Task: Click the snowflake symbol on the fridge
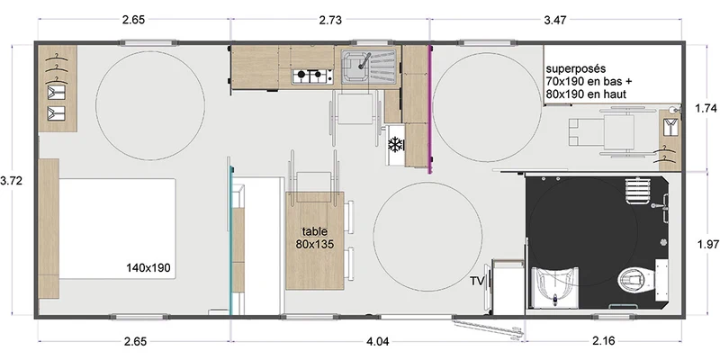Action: tap(394, 145)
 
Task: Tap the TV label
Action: tap(476, 281)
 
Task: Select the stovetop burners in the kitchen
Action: tap(312, 76)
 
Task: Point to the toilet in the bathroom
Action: tap(636, 281)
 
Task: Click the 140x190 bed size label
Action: tap(148, 267)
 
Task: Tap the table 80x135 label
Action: tap(314, 238)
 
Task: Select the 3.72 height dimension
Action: tap(12, 181)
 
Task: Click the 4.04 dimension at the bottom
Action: tap(378, 342)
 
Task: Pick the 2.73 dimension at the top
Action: tap(330, 19)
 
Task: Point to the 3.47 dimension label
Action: tap(555, 19)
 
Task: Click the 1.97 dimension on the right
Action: tap(707, 245)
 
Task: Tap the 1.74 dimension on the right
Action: tap(707, 108)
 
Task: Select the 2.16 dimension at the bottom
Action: tap(603, 342)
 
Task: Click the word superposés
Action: tap(576, 69)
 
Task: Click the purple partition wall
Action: tap(430, 109)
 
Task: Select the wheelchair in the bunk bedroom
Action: tap(600, 130)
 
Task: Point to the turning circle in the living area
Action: tap(427, 237)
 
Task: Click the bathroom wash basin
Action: tap(555, 288)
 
